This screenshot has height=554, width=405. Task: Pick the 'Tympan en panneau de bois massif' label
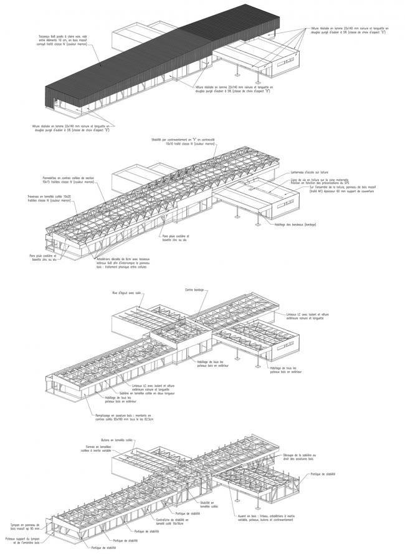coord(23,528)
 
